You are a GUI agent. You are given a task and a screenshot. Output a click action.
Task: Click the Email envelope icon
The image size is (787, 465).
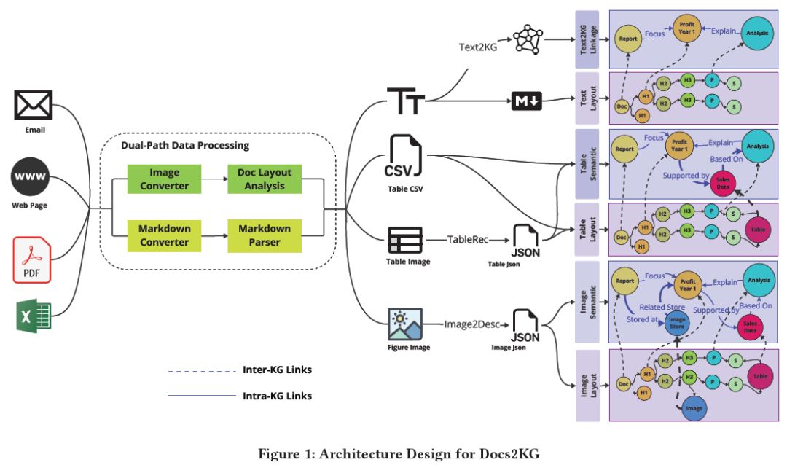(x=34, y=105)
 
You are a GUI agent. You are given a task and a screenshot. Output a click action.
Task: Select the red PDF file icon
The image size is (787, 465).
(x=32, y=259)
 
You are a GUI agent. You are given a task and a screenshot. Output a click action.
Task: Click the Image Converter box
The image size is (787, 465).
(x=164, y=179)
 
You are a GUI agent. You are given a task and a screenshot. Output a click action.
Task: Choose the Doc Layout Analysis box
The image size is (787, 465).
(x=265, y=179)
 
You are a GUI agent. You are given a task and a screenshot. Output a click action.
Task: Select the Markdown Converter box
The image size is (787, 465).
(x=164, y=235)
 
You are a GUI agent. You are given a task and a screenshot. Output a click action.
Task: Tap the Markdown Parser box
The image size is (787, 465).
(x=265, y=235)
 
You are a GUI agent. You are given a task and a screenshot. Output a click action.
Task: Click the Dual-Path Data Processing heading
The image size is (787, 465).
(x=185, y=146)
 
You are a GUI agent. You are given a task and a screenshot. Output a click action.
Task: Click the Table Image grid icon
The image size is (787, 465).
(x=404, y=240)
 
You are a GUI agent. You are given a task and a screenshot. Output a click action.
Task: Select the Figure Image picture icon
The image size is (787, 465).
(x=405, y=325)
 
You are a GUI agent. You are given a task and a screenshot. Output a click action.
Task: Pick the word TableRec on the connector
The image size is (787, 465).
(x=467, y=239)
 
